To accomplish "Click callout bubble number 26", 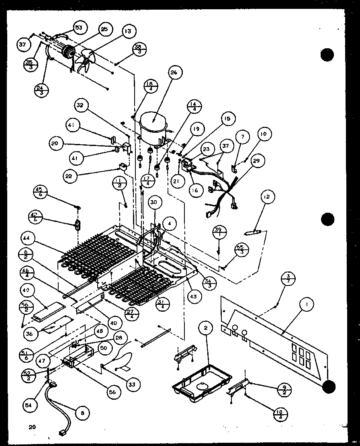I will [x=174, y=73].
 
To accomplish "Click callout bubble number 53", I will [x=78, y=27].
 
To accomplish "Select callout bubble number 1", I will [x=307, y=305].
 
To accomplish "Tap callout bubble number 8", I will [x=83, y=413].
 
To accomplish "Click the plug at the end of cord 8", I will [x=63, y=434].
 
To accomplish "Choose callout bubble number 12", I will [x=267, y=197].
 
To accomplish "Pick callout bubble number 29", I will [x=256, y=160].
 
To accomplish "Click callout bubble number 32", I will [x=80, y=106].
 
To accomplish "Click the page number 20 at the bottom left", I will [x=32, y=427].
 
